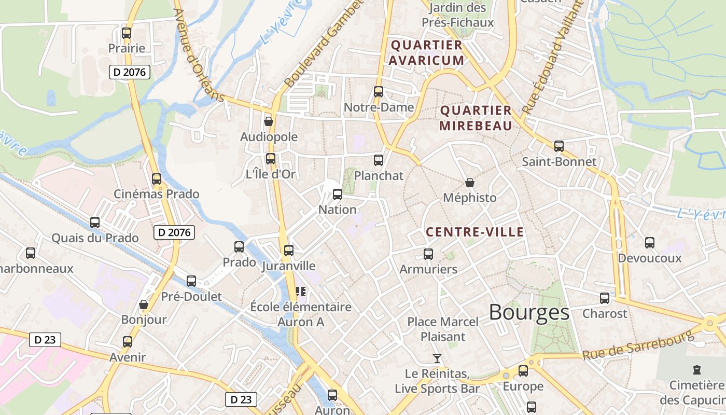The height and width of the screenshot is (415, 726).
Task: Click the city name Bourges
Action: point(529,312)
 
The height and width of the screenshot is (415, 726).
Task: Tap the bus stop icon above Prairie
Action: point(127,34)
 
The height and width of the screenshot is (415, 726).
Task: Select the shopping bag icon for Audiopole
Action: point(269,121)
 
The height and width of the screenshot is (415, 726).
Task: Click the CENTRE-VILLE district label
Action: point(474,232)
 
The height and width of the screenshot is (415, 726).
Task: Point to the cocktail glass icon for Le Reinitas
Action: point(437,358)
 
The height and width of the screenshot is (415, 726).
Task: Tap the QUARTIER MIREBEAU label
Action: point(476,118)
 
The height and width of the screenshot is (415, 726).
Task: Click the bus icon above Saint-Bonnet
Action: point(559,146)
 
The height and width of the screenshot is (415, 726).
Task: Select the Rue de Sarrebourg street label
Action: point(637,346)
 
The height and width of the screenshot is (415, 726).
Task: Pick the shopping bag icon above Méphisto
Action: point(469,183)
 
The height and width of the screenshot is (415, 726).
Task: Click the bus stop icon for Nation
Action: point(338,195)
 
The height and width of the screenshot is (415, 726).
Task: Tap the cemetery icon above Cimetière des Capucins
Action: point(696,370)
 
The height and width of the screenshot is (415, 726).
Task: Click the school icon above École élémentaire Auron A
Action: point(301,292)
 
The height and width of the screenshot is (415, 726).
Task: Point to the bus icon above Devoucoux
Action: point(649,242)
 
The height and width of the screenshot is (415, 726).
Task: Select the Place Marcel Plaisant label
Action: point(442,329)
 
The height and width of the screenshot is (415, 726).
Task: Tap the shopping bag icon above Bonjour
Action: point(144,305)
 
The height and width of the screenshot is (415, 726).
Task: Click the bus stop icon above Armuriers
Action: point(428,254)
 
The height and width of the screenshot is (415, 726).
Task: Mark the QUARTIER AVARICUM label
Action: point(426,52)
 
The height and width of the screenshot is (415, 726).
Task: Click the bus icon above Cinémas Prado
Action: point(157,179)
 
